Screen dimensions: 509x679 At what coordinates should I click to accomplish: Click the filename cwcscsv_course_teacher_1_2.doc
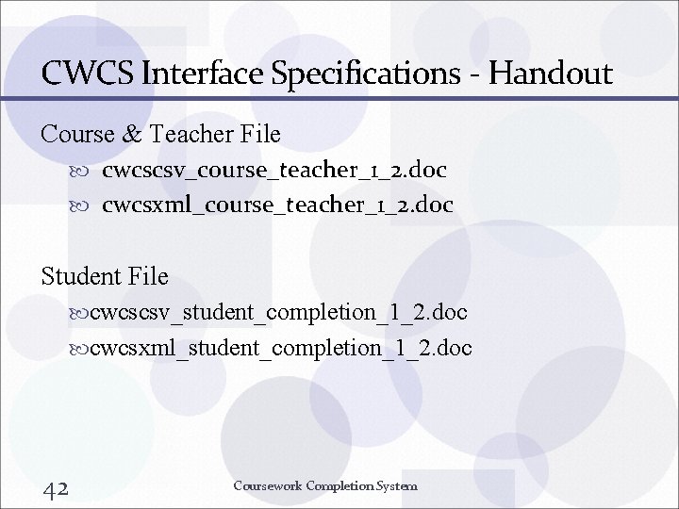point(273,171)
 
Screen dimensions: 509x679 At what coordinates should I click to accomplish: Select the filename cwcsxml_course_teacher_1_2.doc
point(277,205)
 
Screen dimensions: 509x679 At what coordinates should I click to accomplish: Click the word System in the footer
point(396,486)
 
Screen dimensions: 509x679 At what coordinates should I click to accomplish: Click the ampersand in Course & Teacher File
point(131,135)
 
